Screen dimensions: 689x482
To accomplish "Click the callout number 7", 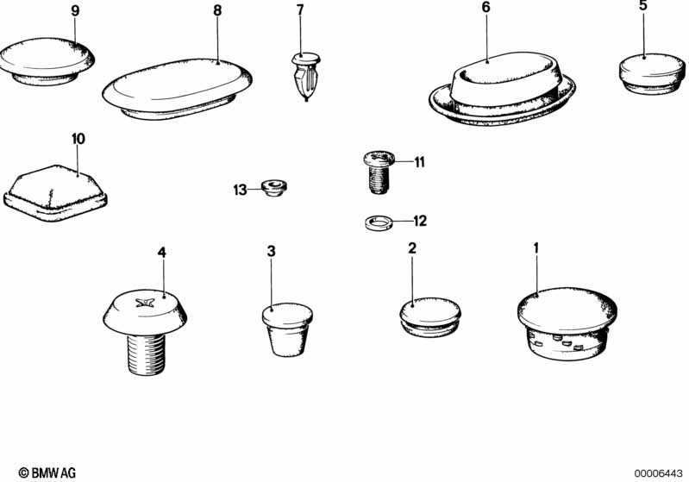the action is pyautogui.click(x=300, y=10).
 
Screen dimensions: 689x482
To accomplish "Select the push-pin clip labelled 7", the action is pyautogui.click(x=306, y=77).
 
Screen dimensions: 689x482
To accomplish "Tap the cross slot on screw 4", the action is pyautogui.click(x=145, y=303).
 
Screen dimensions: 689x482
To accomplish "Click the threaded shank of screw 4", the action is pyautogui.click(x=147, y=354).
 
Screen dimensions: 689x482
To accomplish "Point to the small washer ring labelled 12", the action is pyautogui.click(x=379, y=222).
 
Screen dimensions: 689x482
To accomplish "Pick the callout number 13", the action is pyautogui.click(x=240, y=191).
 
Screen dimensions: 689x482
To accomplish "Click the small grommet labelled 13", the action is pyautogui.click(x=273, y=188).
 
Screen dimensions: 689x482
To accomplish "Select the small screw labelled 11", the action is pyautogui.click(x=379, y=172).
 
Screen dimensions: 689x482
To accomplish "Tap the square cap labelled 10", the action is pyautogui.click(x=55, y=193).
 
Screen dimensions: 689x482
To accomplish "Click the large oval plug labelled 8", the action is pyautogui.click(x=177, y=89).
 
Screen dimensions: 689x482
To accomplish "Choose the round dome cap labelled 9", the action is pyautogui.click(x=47, y=61).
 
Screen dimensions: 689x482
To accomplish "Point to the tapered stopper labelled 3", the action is pyautogui.click(x=287, y=329).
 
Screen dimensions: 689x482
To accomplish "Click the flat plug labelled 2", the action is pyautogui.click(x=430, y=317).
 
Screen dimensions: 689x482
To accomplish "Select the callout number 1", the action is pyautogui.click(x=536, y=248).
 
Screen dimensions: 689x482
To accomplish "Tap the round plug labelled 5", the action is pyautogui.click(x=652, y=74).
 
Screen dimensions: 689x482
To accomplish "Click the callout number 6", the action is pyautogui.click(x=485, y=8).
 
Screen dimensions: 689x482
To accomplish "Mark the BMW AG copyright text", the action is pyautogui.click(x=47, y=473).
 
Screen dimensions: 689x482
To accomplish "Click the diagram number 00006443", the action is pyautogui.click(x=658, y=473).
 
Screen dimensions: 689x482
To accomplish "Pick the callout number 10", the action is pyautogui.click(x=78, y=139).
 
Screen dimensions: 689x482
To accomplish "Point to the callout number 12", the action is pyautogui.click(x=420, y=221).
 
